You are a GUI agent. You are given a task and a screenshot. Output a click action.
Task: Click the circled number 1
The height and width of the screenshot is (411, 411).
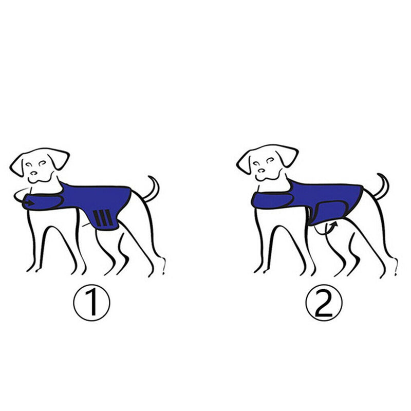(92, 303)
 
